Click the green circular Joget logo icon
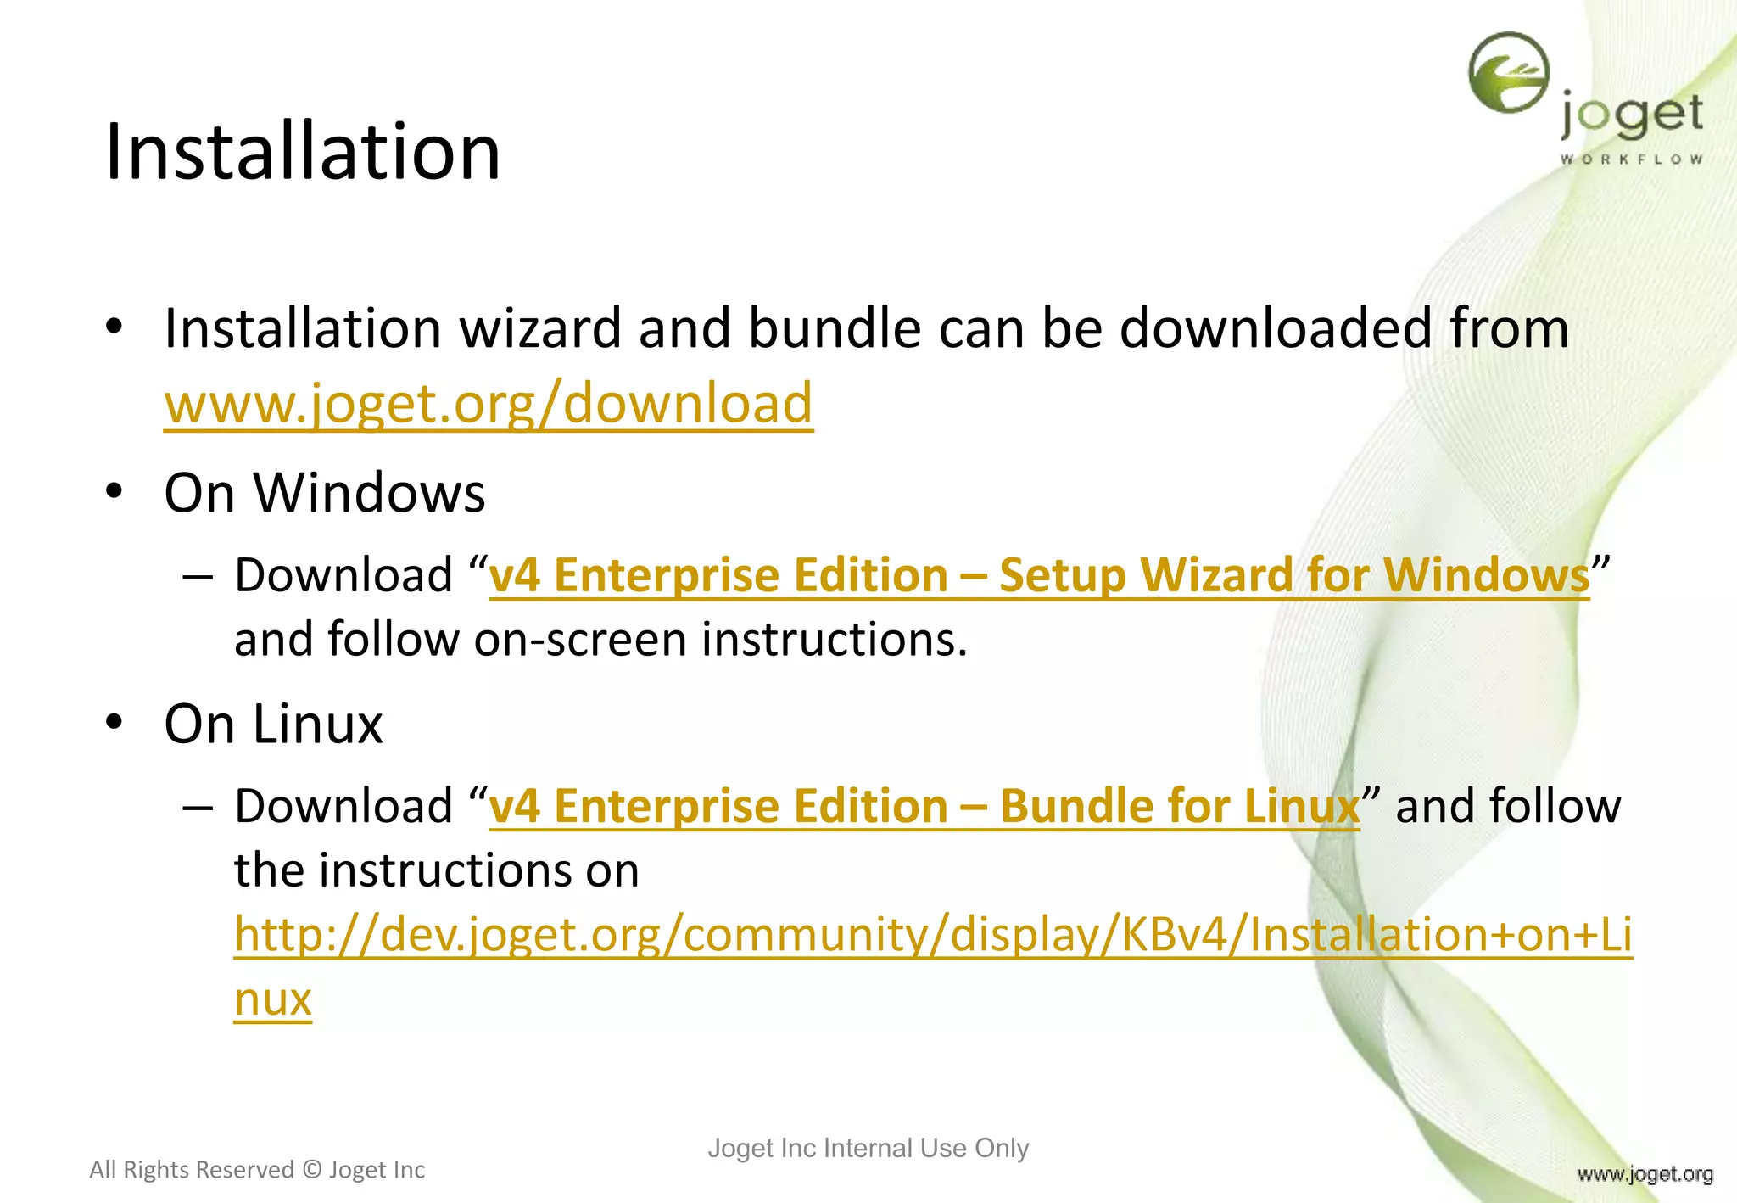[x=1509, y=72]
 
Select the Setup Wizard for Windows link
[x=1039, y=575]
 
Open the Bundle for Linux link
[x=924, y=806]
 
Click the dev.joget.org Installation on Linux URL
[x=933, y=935]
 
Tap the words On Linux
[x=273, y=724]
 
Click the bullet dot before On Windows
[x=114, y=491]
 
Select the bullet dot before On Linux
[x=114, y=722]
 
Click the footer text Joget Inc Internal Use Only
[x=868, y=1148]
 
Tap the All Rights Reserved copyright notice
[x=257, y=1170]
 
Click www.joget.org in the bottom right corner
[x=1645, y=1174]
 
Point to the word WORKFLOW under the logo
[x=1631, y=159]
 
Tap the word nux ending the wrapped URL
[x=273, y=999]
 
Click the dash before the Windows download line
[x=197, y=576]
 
